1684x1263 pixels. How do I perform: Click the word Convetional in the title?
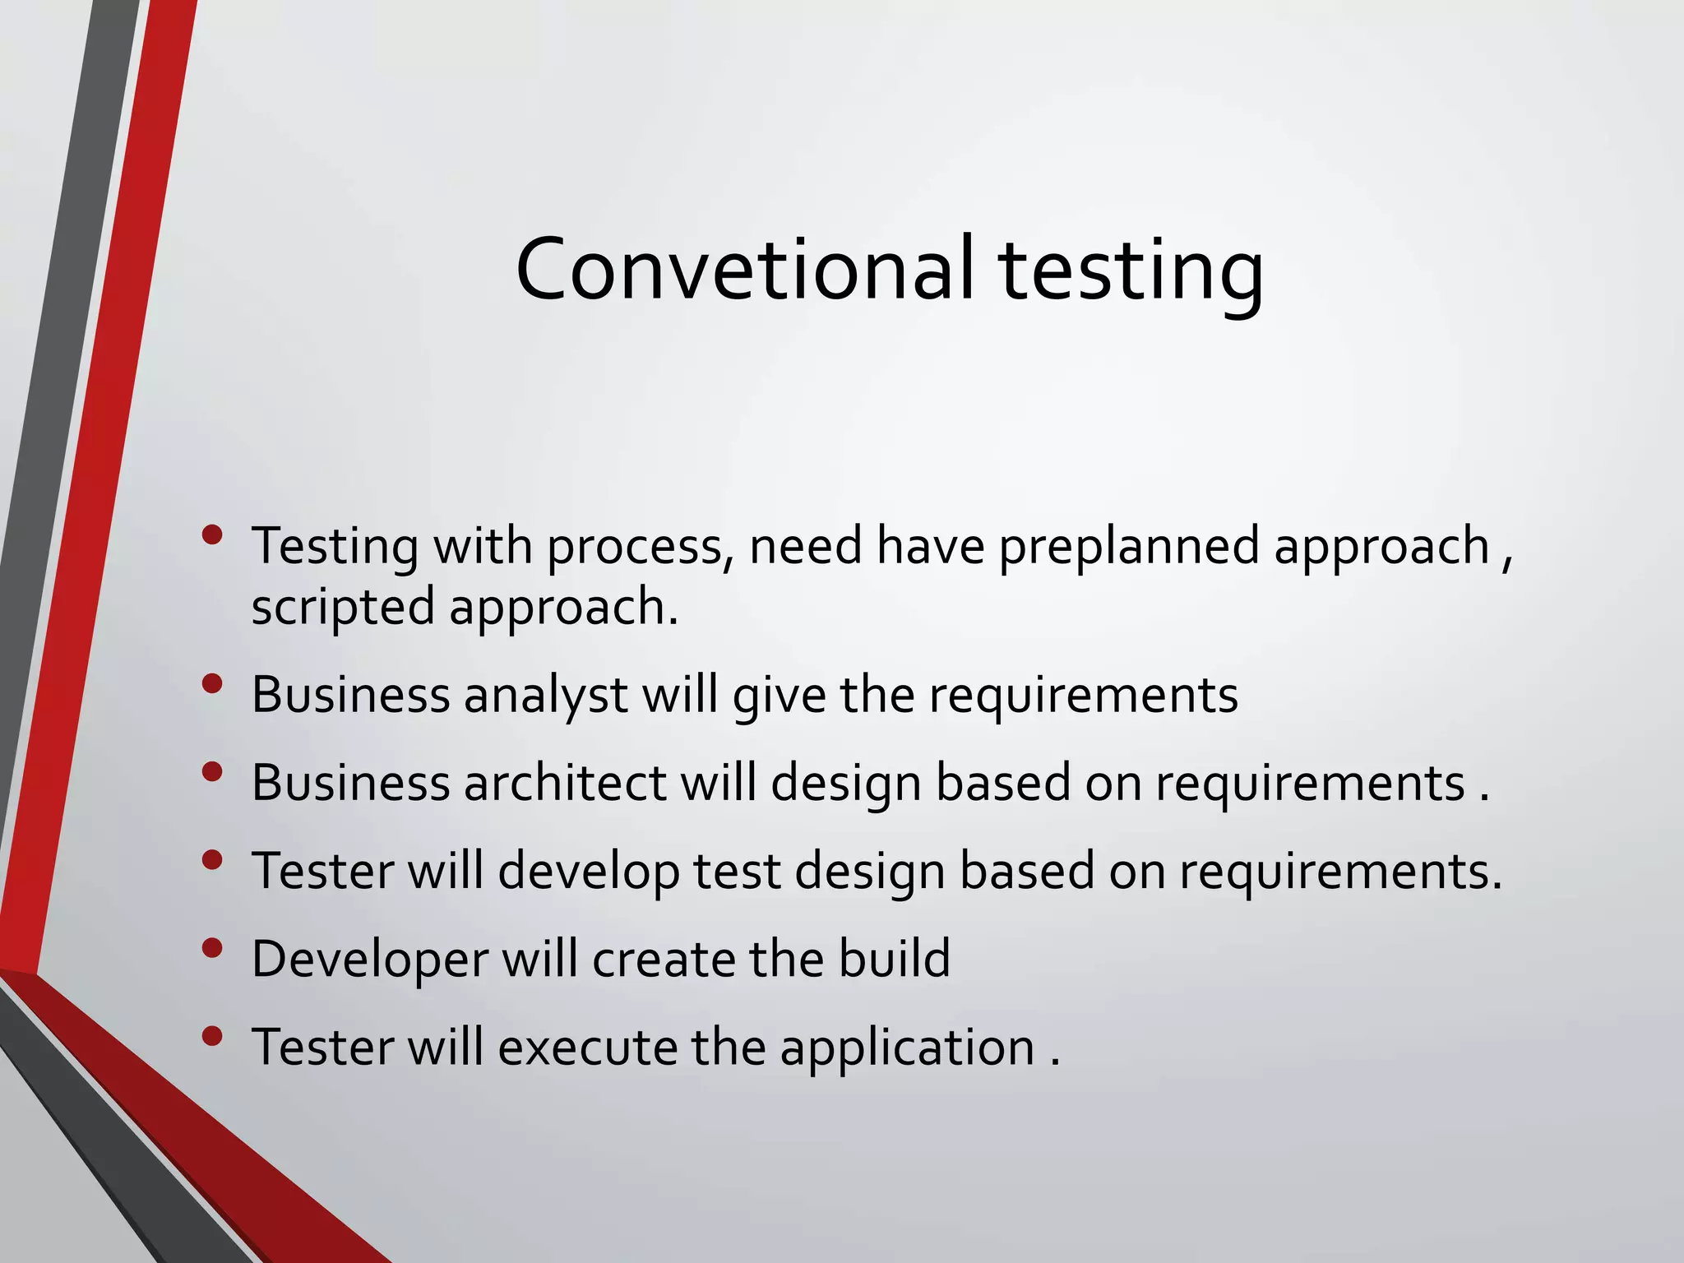pyautogui.click(x=744, y=270)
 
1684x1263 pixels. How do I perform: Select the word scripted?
pyautogui.click(x=342, y=608)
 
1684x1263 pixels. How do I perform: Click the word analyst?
pyautogui.click(x=546, y=696)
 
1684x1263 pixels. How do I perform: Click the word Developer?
pyautogui.click(x=370, y=960)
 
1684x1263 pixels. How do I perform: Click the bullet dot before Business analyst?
pyautogui.click(x=212, y=683)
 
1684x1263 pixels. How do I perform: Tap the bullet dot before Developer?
pyautogui.click(x=212, y=948)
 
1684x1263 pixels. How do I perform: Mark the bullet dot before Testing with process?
pyautogui.click(x=212, y=535)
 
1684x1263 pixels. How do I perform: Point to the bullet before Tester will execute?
pyautogui.click(x=212, y=1036)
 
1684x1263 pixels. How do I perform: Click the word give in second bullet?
pyautogui.click(x=779, y=696)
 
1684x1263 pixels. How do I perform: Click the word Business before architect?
pyautogui.click(x=350, y=782)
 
